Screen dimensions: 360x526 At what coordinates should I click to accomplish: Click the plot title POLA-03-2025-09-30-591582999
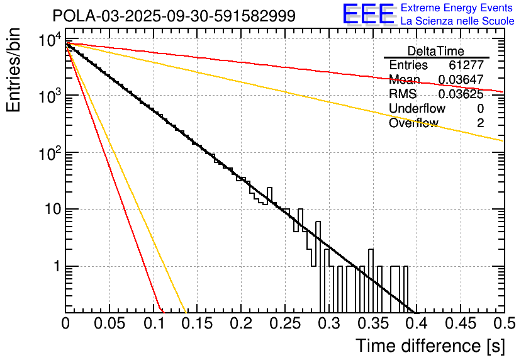coord(174,16)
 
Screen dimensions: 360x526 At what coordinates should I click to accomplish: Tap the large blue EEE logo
coord(368,14)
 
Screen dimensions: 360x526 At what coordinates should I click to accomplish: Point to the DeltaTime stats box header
coord(436,51)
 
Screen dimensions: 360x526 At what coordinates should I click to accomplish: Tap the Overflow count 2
coord(480,123)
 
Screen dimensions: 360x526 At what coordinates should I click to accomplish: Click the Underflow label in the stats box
coord(417,109)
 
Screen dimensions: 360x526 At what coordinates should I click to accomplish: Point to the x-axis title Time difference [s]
coord(430,346)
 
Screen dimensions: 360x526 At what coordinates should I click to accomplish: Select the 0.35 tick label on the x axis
coord(372,324)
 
